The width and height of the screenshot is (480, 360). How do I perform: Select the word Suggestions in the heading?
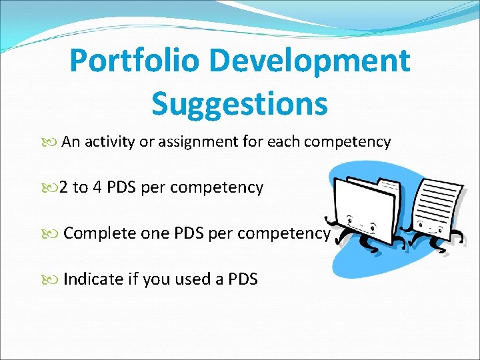click(x=239, y=103)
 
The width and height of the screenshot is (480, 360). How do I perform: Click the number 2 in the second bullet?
click(x=63, y=188)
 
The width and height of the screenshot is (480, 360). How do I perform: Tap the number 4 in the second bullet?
click(x=97, y=188)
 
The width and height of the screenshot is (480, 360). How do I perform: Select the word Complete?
click(x=100, y=234)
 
